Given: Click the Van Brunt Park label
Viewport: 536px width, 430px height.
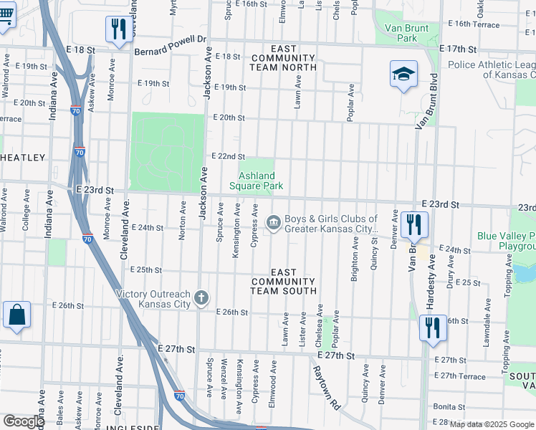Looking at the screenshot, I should click(x=401, y=32).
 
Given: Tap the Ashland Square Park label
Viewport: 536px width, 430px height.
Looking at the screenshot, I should click(x=256, y=181).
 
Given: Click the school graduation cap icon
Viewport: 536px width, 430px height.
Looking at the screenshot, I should click(x=403, y=75).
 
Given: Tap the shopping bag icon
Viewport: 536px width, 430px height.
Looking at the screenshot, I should click(x=16, y=316).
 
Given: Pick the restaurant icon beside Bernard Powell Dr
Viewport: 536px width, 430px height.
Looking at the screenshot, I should click(x=118, y=29).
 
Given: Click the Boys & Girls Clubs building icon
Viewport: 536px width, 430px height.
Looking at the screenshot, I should click(x=273, y=224).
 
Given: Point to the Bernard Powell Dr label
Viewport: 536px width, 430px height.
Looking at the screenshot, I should click(x=171, y=40).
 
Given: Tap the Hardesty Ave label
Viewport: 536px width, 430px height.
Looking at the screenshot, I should click(x=431, y=287).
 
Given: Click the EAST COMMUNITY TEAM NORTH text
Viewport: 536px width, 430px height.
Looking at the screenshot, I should click(x=283, y=58).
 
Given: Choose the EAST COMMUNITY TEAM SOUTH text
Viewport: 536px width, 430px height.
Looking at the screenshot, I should click(x=283, y=282).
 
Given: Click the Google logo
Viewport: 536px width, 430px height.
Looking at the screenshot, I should click(x=24, y=421).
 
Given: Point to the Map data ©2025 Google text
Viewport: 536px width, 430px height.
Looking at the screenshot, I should click(x=492, y=424).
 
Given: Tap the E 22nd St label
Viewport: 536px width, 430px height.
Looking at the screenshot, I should click(x=228, y=156).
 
